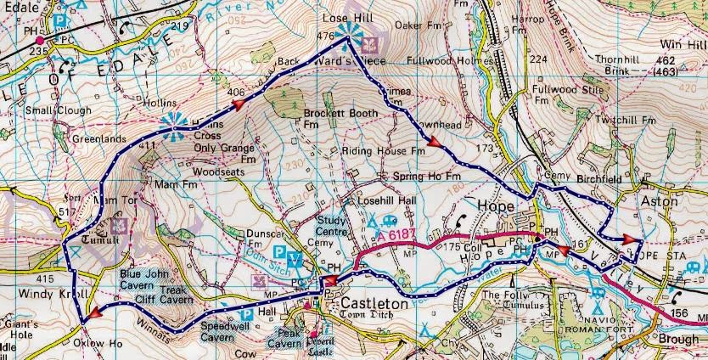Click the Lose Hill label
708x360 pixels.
tap(344, 18)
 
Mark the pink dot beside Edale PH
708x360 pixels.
tap(40, 39)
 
